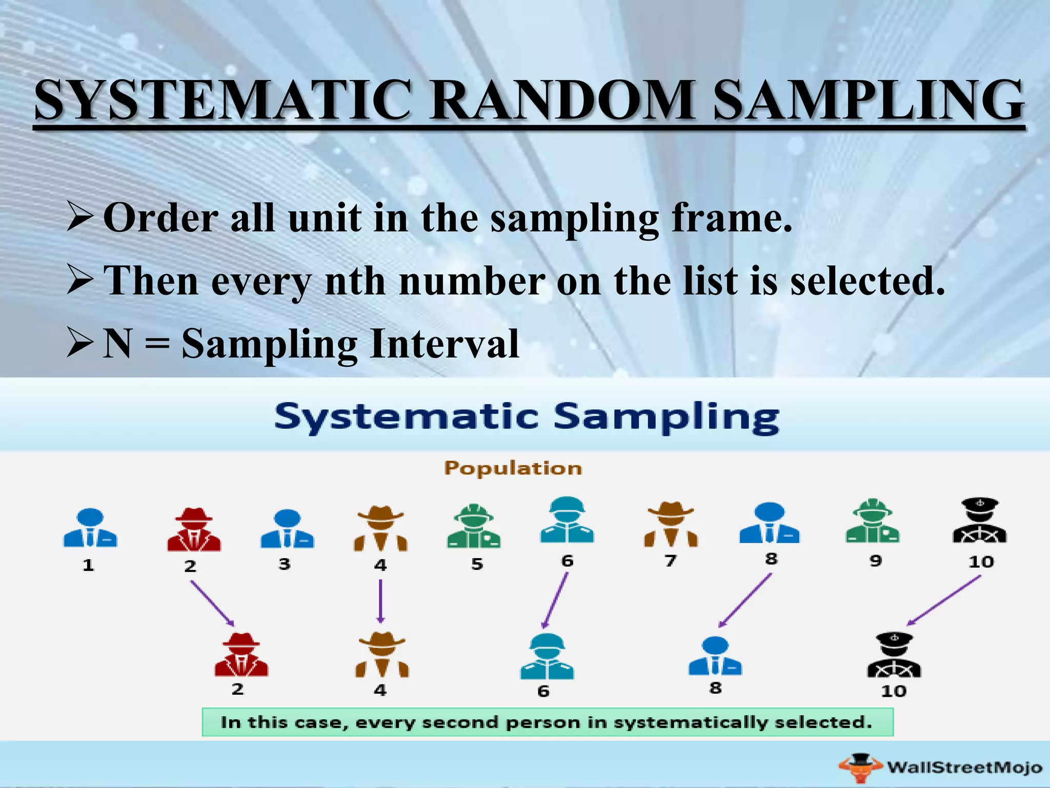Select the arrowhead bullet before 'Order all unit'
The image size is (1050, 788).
80,216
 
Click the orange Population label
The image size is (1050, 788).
513,468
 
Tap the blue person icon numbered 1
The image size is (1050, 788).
90,528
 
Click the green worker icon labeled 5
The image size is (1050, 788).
474,526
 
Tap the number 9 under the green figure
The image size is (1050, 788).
876,560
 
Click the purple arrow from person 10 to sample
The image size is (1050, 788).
943,601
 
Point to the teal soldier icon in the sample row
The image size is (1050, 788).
547,656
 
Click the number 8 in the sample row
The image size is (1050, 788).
716,687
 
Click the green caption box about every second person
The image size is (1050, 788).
547,722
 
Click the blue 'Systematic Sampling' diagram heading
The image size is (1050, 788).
527,417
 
